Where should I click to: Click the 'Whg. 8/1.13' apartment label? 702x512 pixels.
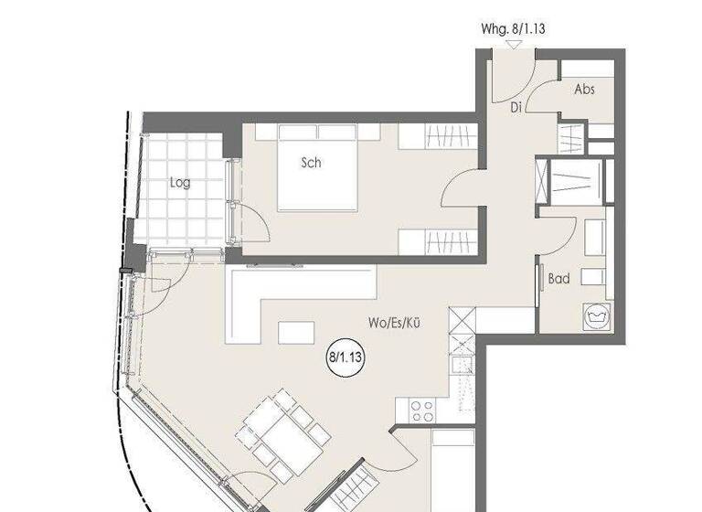click(x=514, y=28)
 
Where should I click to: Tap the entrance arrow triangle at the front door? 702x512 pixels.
click(x=516, y=43)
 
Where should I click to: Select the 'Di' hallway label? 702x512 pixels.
click(x=516, y=106)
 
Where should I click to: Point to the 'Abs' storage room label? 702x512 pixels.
click(x=585, y=90)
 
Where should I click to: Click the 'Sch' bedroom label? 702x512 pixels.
click(x=312, y=163)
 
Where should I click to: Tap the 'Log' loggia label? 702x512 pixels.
click(x=180, y=182)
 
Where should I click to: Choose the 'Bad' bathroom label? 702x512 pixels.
click(x=558, y=278)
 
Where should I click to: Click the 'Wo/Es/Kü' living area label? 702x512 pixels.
click(x=394, y=323)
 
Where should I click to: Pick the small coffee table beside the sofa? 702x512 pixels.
click(x=296, y=332)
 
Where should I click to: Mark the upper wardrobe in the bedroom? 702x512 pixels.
click(x=438, y=137)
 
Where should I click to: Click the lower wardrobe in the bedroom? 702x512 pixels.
click(x=438, y=242)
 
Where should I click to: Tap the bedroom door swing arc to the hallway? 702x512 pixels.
click(x=457, y=192)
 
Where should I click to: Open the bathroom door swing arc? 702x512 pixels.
click(x=557, y=233)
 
